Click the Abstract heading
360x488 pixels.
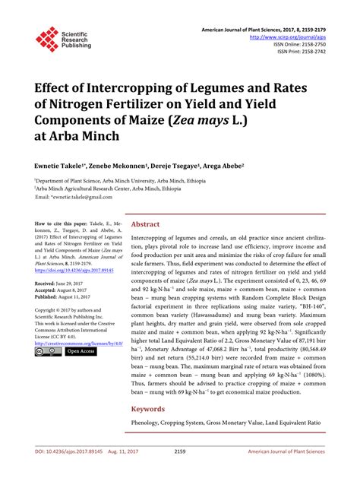click(146, 225)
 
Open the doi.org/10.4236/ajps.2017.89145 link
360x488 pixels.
click(76, 270)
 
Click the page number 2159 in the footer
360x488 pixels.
click(180, 473)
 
